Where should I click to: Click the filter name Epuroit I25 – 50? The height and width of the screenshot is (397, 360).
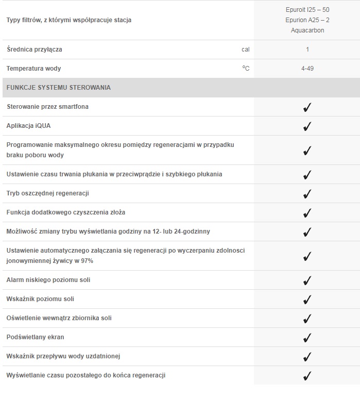click(307, 10)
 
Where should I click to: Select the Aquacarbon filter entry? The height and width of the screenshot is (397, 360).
click(307, 30)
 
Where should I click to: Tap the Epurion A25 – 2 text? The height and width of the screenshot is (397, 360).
click(307, 20)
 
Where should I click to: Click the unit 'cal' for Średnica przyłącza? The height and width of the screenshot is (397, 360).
click(245, 49)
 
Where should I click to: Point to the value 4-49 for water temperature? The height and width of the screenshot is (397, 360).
click(307, 69)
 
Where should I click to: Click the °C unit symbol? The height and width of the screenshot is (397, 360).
click(246, 68)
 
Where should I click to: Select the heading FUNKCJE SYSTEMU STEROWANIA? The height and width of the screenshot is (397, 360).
click(58, 88)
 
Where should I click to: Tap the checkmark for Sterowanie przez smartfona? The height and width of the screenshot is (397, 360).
click(307, 107)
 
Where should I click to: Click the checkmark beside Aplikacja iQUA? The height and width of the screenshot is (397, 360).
click(307, 126)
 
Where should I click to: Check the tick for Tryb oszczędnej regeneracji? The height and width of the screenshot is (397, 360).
click(307, 194)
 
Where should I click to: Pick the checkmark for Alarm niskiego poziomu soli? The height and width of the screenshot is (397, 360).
click(307, 280)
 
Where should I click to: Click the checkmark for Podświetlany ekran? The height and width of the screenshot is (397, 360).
click(307, 338)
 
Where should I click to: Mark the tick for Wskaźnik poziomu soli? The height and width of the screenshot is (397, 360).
click(307, 300)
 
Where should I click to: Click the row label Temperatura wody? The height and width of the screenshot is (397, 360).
click(33, 69)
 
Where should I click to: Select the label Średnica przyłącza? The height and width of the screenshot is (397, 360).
click(35, 49)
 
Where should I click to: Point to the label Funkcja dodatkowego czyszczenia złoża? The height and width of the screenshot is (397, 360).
click(66, 212)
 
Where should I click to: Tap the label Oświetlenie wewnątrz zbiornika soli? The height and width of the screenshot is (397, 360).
click(59, 318)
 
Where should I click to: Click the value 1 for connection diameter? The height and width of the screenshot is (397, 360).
click(307, 49)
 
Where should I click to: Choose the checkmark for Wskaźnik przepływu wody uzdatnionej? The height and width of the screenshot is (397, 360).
click(307, 357)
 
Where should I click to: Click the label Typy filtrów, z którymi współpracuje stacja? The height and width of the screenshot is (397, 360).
click(69, 20)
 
